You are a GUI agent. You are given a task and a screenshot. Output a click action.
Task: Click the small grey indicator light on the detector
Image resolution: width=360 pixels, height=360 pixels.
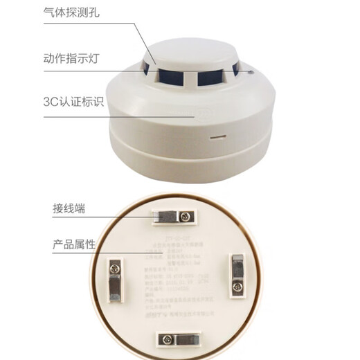[x=247, y=70]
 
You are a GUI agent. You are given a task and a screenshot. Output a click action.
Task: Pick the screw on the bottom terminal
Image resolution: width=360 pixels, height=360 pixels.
[x=164, y=339]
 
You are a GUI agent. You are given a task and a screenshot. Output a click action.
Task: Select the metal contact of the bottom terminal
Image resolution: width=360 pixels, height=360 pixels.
[x=182, y=339]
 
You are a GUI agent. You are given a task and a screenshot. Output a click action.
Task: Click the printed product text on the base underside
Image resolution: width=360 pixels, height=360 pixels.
[x=181, y=277]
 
